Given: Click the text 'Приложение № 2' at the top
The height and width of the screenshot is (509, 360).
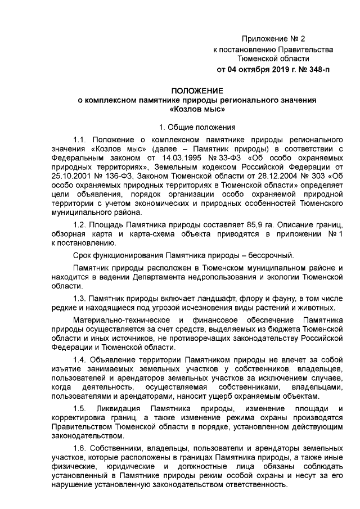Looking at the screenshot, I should click(x=273, y=39).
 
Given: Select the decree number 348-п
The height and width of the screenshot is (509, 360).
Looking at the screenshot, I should click(x=317, y=70).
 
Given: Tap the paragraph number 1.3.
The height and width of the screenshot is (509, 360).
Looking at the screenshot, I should click(x=81, y=298).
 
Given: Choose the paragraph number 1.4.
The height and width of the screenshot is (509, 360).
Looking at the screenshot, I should click(x=81, y=359).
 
